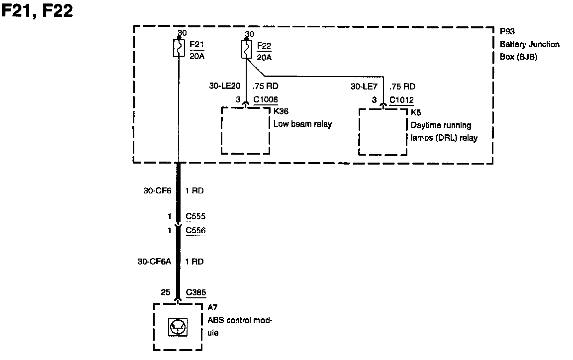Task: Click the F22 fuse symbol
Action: (246, 49)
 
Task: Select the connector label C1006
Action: (266, 99)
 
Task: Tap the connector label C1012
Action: (401, 100)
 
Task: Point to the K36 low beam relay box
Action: (246, 131)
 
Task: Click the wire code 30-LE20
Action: (225, 87)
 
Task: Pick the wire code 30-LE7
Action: (364, 87)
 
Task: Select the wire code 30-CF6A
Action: (154, 262)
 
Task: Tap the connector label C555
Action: (195, 217)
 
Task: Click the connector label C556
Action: (195, 230)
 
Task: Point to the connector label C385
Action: (196, 293)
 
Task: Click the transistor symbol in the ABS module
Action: (178, 327)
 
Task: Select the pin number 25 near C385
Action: (166, 293)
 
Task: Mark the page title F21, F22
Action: (38, 11)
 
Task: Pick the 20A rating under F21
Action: (197, 56)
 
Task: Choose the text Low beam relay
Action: (302, 124)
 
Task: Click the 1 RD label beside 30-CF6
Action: (194, 190)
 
